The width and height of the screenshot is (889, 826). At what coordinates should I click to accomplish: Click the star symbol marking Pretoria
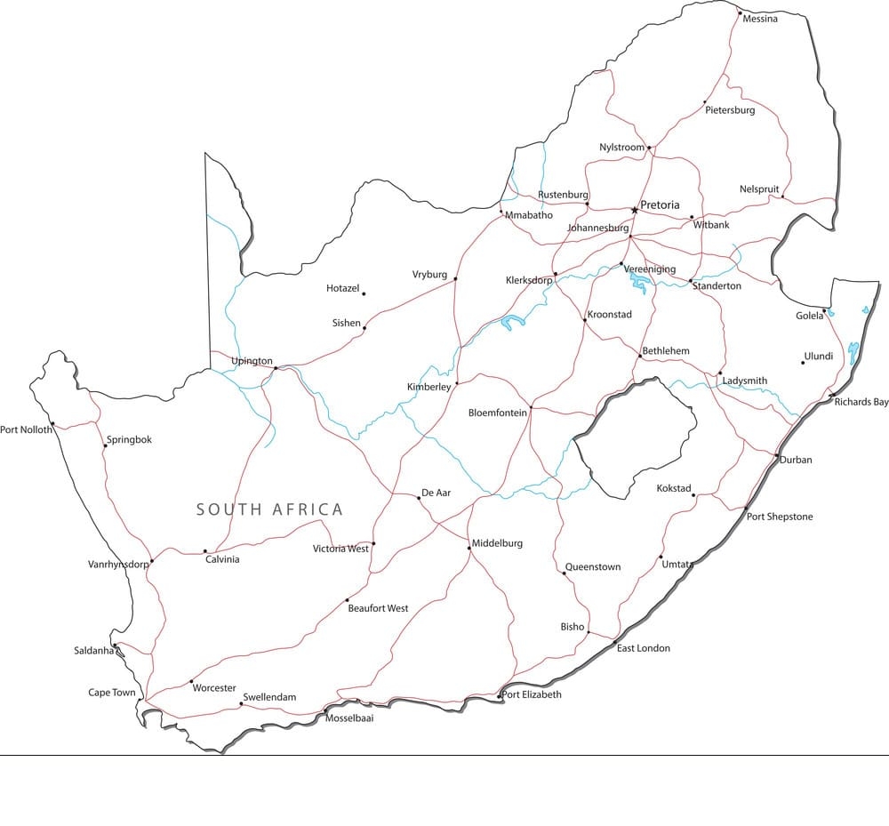pos(634,210)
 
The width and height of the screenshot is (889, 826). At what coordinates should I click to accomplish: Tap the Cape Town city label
pos(112,693)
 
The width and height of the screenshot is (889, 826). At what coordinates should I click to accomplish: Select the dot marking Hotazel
pos(364,293)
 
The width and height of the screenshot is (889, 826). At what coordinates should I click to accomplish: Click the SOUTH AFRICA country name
pos(269,509)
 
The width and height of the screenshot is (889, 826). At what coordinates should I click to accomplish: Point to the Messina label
pos(760,19)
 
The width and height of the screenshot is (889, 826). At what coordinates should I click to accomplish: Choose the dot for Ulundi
pos(803,362)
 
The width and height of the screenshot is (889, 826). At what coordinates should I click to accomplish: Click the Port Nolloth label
pos(26,429)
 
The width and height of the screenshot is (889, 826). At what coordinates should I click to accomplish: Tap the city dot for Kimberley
pos(457,384)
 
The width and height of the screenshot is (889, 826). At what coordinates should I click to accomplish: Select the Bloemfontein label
pos(498,413)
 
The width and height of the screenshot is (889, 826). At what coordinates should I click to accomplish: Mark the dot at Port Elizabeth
pos(500,694)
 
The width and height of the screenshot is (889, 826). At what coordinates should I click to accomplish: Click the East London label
pos(644,648)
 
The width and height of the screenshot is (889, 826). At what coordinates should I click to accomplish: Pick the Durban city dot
pos(777,456)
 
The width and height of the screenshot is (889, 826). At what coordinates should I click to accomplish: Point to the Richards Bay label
pos(861,402)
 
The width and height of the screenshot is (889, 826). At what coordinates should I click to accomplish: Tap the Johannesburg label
pos(597,228)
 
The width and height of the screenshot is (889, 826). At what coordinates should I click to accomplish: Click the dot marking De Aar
pos(419,498)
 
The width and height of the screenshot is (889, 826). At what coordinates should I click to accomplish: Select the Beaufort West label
pos(378,608)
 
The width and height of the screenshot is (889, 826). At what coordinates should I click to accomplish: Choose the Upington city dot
pos(276,367)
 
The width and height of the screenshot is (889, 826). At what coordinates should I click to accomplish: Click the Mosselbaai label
pos(349,718)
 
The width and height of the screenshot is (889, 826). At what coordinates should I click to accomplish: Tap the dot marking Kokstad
pos(693,494)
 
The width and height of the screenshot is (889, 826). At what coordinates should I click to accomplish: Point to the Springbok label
pos(129,439)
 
